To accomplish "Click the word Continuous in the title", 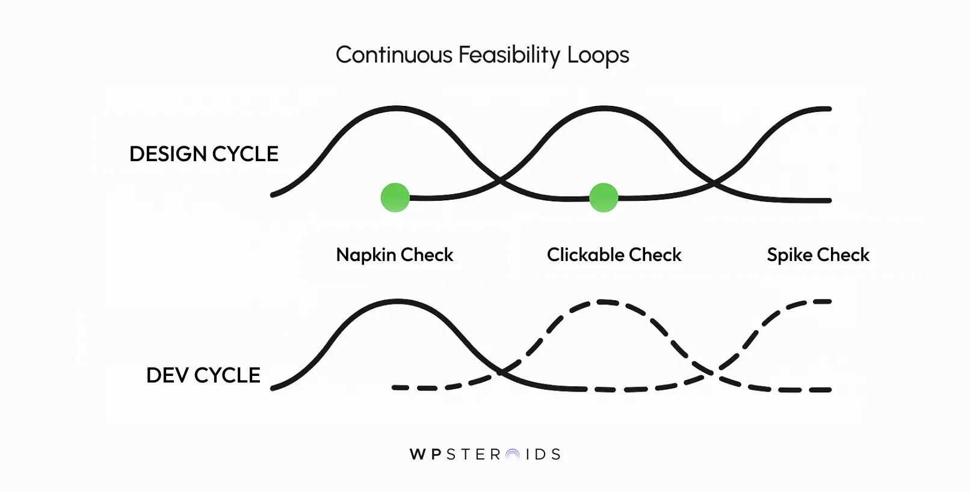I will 394,55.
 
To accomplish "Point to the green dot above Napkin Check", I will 395,197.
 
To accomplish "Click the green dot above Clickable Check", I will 604,197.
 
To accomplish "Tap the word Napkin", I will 365,255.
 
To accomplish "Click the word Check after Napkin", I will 427,255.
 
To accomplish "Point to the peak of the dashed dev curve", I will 603,301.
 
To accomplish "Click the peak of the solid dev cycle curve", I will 397,300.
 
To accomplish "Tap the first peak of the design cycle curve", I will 396,108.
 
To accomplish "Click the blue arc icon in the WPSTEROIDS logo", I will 512,455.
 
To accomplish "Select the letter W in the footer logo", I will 417,455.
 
